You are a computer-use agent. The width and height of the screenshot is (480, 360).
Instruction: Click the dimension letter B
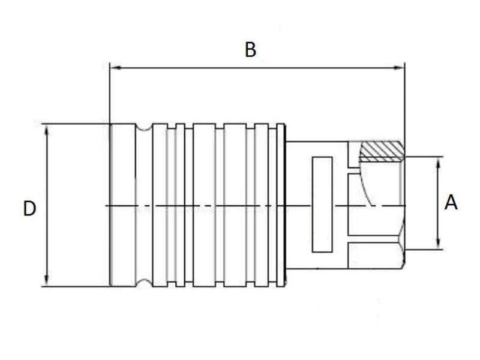[250, 50]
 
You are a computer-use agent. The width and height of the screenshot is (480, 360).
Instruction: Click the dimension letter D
[29, 209]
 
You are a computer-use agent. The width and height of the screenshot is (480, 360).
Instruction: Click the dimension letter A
[451, 203]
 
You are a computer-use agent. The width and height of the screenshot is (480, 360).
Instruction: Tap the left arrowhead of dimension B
[114, 68]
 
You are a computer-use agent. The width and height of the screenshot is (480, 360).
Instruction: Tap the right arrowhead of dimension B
[400, 68]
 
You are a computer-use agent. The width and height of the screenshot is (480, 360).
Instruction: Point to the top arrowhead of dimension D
[46, 128]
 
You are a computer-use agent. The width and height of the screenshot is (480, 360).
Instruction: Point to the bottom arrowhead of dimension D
[46, 282]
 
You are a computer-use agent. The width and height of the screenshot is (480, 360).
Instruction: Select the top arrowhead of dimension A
[440, 161]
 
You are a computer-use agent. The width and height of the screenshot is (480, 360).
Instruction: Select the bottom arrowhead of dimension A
[440, 245]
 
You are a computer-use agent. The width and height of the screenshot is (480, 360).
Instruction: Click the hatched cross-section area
[382, 150]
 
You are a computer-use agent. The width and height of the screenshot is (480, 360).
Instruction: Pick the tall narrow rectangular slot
[323, 204]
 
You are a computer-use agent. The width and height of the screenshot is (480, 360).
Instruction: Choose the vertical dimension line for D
[46, 240]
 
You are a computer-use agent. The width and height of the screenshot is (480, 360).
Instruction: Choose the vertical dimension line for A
[440, 180]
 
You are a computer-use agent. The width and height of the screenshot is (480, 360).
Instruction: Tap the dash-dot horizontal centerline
[240, 206]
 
